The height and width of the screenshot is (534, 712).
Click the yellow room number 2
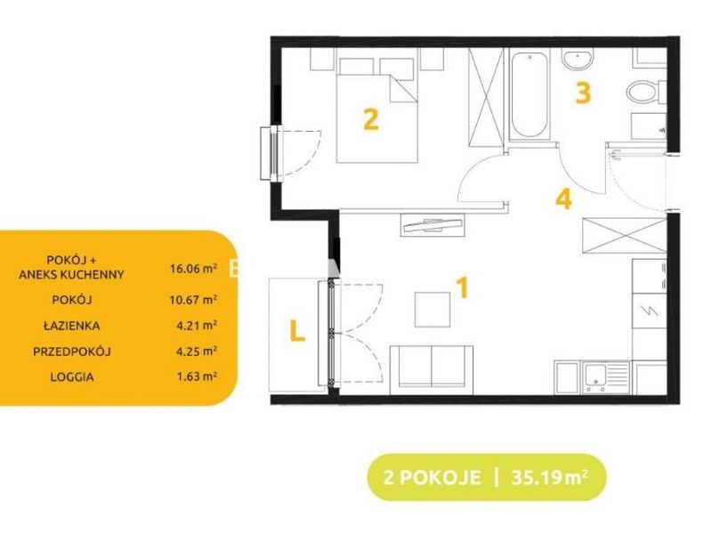point(371,119)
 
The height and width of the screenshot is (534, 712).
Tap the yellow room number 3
point(583,93)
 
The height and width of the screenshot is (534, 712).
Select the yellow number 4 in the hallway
point(563,198)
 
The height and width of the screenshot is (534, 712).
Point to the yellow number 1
point(462,287)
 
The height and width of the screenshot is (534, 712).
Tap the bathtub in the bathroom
point(529,95)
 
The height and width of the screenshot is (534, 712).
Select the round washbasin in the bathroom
point(577,59)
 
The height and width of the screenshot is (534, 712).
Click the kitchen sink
point(606,377)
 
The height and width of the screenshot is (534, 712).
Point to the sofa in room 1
point(432,370)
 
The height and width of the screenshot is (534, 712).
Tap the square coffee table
point(433,310)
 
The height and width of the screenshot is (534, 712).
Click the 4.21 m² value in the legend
point(196,325)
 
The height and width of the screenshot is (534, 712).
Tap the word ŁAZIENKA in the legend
point(72,326)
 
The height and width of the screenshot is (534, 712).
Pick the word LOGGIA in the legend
point(72,376)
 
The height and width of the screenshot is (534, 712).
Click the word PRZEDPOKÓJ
point(72,352)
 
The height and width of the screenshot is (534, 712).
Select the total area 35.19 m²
point(550,478)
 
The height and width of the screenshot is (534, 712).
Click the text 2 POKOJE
point(432,478)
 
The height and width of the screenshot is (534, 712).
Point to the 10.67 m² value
point(193,300)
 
